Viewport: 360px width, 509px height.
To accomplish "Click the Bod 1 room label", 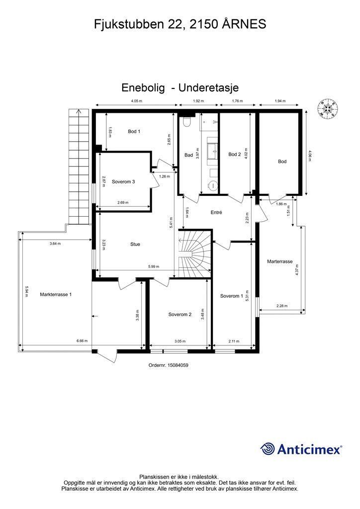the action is click(x=134, y=131).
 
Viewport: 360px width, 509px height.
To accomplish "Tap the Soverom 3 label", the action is click(x=123, y=182).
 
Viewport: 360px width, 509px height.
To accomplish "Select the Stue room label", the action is click(x=135, y=244).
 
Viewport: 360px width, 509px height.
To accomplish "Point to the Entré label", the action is click(x=216, y=213).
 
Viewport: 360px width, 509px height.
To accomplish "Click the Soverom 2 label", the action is click(x=180, y=314).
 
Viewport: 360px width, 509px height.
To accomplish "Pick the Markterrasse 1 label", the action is click(x=56, y=294).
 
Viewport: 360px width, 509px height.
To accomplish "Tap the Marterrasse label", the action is click(x=280, y=261).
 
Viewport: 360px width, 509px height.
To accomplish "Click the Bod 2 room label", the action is click(x=235, y=154).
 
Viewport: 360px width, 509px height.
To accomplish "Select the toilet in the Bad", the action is click(x=186, y=122).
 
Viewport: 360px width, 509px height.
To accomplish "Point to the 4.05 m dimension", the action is click(x=136, y=101).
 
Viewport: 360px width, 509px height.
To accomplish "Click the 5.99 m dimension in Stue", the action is click(x=154, y=267).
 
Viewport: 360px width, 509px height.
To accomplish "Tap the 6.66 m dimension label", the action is click(x=82, y=341).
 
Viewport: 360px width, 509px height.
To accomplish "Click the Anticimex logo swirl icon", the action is click(x=268, y=449).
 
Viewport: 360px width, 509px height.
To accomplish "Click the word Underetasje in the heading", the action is click(x=209, y=87).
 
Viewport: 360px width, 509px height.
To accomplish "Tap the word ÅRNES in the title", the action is click(x=244, y=24).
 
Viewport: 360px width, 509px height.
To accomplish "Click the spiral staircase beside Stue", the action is click(x=195, y=254).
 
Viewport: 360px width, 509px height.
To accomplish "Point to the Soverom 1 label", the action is click(x=231, y=296).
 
